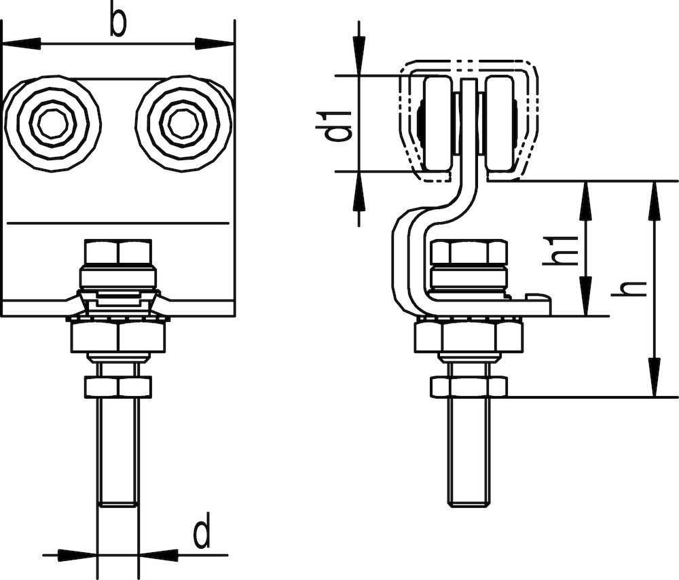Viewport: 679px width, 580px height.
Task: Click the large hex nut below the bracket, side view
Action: coord(469,337)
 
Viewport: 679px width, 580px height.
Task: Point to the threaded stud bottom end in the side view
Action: coord(469,501)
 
